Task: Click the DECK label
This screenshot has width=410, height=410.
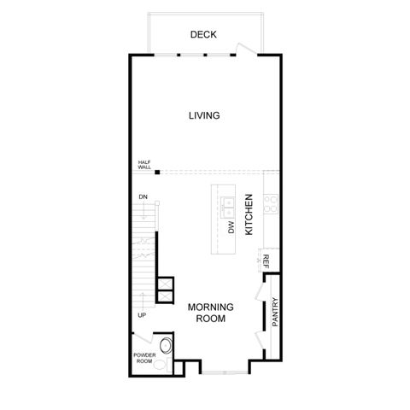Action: (x=203, y=34)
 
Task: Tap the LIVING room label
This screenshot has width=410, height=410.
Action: (x=204, y=115)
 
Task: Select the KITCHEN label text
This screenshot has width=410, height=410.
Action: (x=249, y=214)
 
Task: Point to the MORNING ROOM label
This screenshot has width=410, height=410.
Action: (x=211, y=313)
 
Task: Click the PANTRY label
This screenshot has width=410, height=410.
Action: (x=275, y=312)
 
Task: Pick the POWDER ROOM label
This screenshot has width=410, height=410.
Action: (x=144, y=358)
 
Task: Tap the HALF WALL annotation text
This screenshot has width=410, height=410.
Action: (x=144, y=165)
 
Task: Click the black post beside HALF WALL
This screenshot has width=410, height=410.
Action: (x=157, y=172)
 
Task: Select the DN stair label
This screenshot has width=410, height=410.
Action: (x=143, y=196)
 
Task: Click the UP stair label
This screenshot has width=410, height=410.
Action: (x=142, y=315)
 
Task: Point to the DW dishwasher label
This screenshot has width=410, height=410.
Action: (x=231, y=227)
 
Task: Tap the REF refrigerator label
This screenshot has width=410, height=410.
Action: (x=266, y=261)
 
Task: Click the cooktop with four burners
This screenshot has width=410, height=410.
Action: (x=271, y=203)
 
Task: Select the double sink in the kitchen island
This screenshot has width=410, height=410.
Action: (x=228, y=208)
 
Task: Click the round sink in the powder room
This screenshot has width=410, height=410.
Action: (x=166, y=346)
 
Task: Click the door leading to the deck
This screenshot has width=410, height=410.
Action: (x=248, y=48)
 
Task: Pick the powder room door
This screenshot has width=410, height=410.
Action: (x=143, y=338)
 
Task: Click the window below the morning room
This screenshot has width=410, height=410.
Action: (x=225, y=372)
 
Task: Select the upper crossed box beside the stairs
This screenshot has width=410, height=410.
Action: (x=166, y=284)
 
